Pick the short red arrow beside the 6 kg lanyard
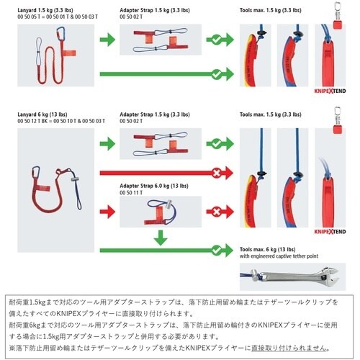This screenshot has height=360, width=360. pyautogui.click(x=106, y=212)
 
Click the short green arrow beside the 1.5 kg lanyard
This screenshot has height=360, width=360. pyautogui.click(x=106, y=40)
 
